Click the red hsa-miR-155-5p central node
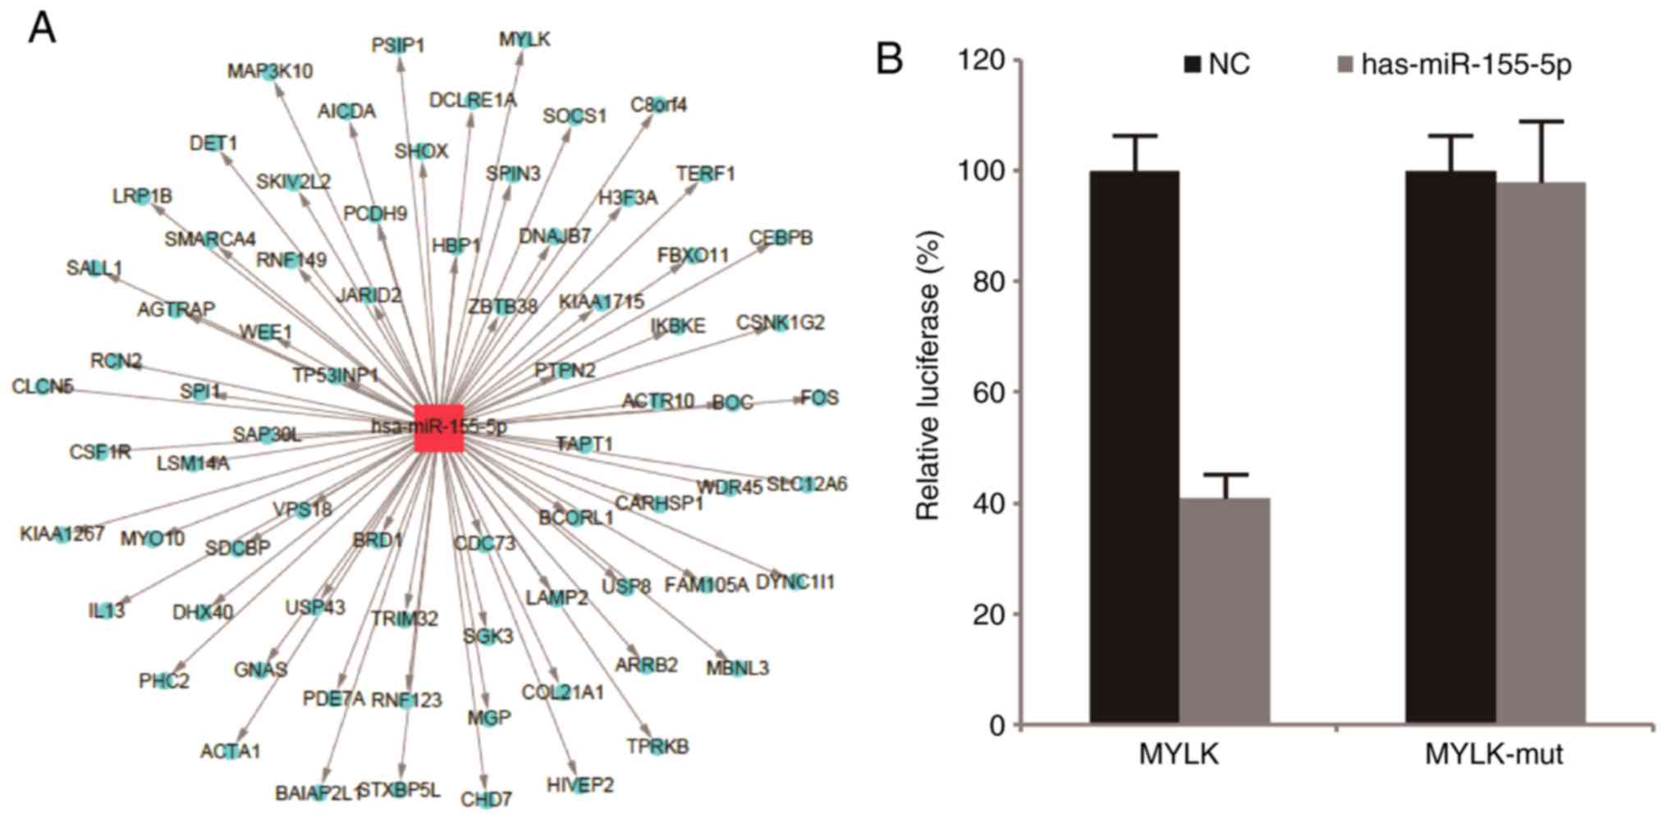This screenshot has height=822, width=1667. coord(439,427)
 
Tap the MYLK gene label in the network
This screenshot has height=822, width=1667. coord(524,39)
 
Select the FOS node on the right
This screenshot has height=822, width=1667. coord(818,398)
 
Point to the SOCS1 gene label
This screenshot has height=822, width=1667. coord(575,116)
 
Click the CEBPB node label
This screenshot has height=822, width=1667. coord(781,238)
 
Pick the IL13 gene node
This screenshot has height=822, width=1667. coord(107,610)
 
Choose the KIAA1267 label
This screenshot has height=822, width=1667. coord(62,535)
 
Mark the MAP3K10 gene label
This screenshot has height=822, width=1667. coord(270,71)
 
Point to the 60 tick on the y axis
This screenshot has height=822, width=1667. coord(987,392)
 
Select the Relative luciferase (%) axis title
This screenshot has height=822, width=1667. coord(927,377)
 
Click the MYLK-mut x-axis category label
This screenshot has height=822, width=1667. coord(1493,754)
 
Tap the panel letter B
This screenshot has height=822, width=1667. coord(889,60)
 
